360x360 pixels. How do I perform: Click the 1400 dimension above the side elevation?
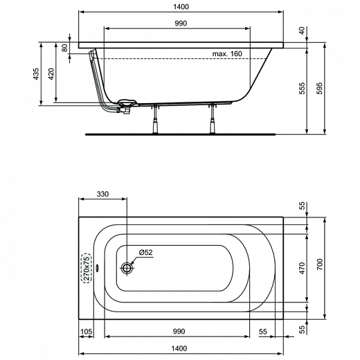point(181,6)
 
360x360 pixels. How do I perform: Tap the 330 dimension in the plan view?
point(103,194)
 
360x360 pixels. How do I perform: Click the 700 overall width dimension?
point(320,264)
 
